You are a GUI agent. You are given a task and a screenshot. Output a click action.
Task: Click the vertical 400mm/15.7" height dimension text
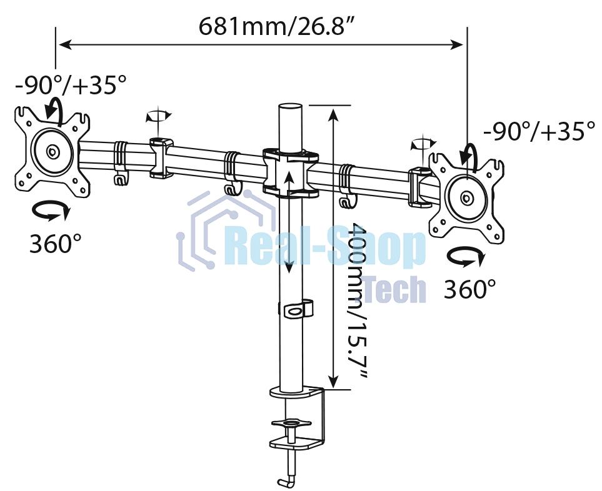tap(357, 299)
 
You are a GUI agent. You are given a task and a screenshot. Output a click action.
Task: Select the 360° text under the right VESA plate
tap(469, 289)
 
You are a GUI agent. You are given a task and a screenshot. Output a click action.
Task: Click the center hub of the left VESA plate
tap(52, 152)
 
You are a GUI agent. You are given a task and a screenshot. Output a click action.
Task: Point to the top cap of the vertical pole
tap(289, 109)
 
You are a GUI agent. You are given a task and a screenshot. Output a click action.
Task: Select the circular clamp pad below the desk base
tap(291, 424)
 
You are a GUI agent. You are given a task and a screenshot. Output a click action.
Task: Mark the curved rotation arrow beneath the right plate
tap(466, 257)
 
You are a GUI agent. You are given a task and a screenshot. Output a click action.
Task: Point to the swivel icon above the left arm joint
tap(158, 116)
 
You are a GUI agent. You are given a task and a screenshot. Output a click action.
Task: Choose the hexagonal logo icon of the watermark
tap(219, 231)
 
